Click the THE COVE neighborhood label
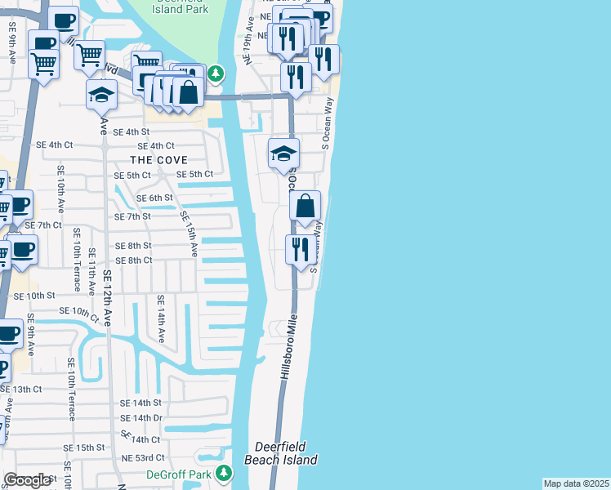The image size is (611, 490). [158, 160]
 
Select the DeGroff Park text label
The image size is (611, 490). [178, 474]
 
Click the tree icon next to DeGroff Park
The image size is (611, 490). [222, 474]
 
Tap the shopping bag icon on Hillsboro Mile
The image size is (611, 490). [305, 209]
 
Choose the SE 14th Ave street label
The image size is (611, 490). [161, 319]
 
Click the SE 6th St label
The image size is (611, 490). [154, 198]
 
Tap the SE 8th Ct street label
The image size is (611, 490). [134, 261]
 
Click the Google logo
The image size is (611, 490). [28, 480]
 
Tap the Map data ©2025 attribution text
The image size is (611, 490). [577, 483]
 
